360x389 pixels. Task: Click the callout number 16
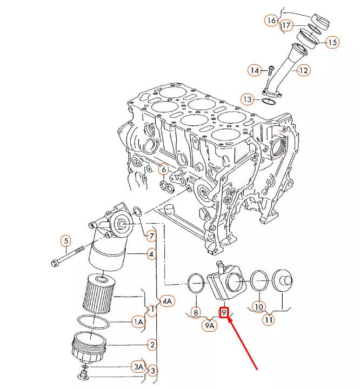(271, 21)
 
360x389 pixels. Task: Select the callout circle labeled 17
(286, 25)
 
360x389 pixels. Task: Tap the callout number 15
(331, 42)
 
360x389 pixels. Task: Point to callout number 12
(303, 70)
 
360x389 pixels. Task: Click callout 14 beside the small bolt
(255, 70)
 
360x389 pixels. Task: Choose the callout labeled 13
(247, 99)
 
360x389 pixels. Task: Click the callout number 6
(163, 170)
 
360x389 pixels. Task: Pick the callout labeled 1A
(138, 322)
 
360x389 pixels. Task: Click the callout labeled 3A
(138, 367)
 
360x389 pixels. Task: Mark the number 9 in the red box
(224, 312)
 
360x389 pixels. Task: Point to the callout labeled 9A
(210, 325)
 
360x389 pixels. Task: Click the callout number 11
(268, 319)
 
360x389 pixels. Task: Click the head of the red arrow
(229, 319)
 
